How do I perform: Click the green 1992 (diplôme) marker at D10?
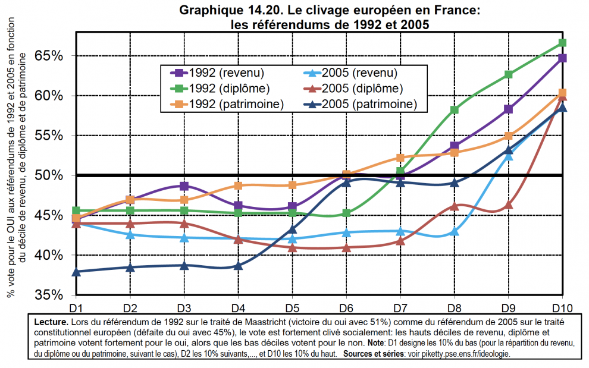pyautogui.click(x=562, y=43)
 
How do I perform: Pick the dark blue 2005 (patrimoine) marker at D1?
pyautogui.click(x=76, y=272)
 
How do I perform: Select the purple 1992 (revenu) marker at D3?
pyautogui.click(x=184, y=186)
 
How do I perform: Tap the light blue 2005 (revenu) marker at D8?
pyautogui.click(x=455, y=231)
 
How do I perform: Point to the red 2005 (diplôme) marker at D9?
pyautogui.click(x=509, y=205)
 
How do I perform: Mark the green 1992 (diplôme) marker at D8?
pyautogui.click(x=455, y=110)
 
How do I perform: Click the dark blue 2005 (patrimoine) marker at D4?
pyautogui.click(x=238, y=266)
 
